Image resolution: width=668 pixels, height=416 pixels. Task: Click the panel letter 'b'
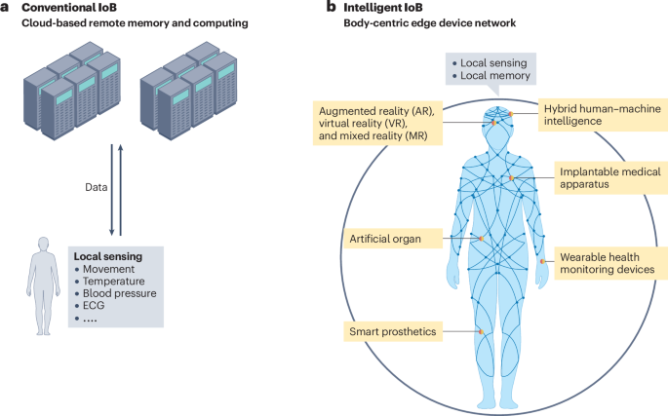click(x=332, y=8)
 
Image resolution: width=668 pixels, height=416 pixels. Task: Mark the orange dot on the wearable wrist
click(x=543, y=261)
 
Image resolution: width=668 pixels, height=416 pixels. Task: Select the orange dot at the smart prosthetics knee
click(x=480, y=332)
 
